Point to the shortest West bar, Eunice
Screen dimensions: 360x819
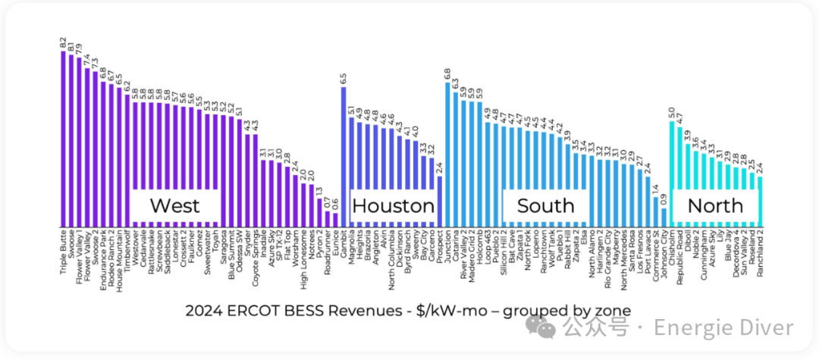coord(335,219)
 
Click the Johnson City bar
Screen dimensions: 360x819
coord(664,216)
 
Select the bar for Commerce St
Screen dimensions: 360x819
coord(656,211)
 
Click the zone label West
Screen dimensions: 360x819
coord(175,205)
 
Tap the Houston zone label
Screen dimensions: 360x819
coord(393,206)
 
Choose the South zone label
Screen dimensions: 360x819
coord(545,205)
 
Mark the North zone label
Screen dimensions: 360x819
coord(715,205)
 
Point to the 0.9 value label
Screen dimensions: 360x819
coord(664,199)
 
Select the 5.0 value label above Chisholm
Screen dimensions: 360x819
coord(672,113)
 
